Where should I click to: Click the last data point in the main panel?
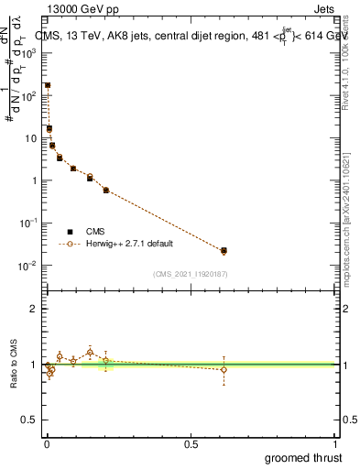coord(224,250)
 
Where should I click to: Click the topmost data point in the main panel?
coord(48,85)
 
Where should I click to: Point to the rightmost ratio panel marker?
coord(224,369)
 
